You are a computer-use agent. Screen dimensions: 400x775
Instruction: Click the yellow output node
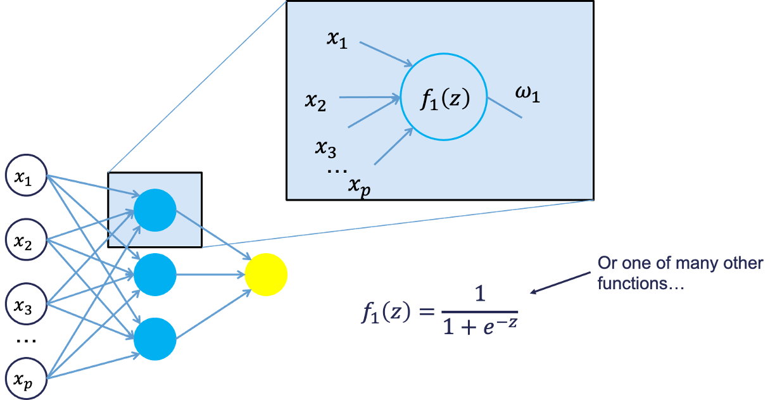267,275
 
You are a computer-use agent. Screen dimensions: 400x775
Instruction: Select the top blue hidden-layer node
154,210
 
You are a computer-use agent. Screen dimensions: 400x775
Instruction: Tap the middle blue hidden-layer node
154,275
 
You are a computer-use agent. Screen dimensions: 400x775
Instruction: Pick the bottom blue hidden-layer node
154,339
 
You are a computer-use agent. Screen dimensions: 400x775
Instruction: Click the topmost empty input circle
26,175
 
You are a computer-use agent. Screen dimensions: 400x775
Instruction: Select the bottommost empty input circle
26,378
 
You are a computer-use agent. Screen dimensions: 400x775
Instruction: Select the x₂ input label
315,101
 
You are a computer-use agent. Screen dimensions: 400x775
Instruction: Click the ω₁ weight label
527,97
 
